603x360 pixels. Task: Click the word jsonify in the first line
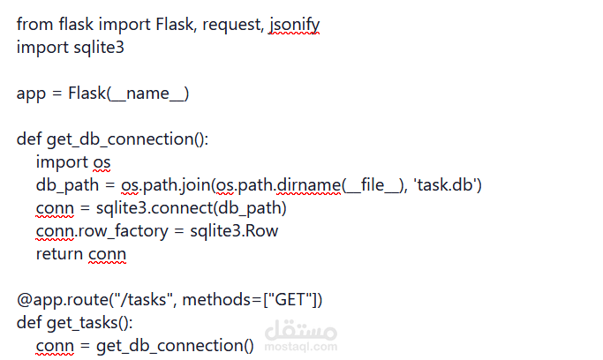coord(294,25)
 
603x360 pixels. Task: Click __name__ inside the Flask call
coord(147,94)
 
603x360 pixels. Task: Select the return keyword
coord(60,254)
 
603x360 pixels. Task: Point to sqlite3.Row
coord(234,231)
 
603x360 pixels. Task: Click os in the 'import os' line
coord(103,162)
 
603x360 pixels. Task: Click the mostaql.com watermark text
coord(300,347)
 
